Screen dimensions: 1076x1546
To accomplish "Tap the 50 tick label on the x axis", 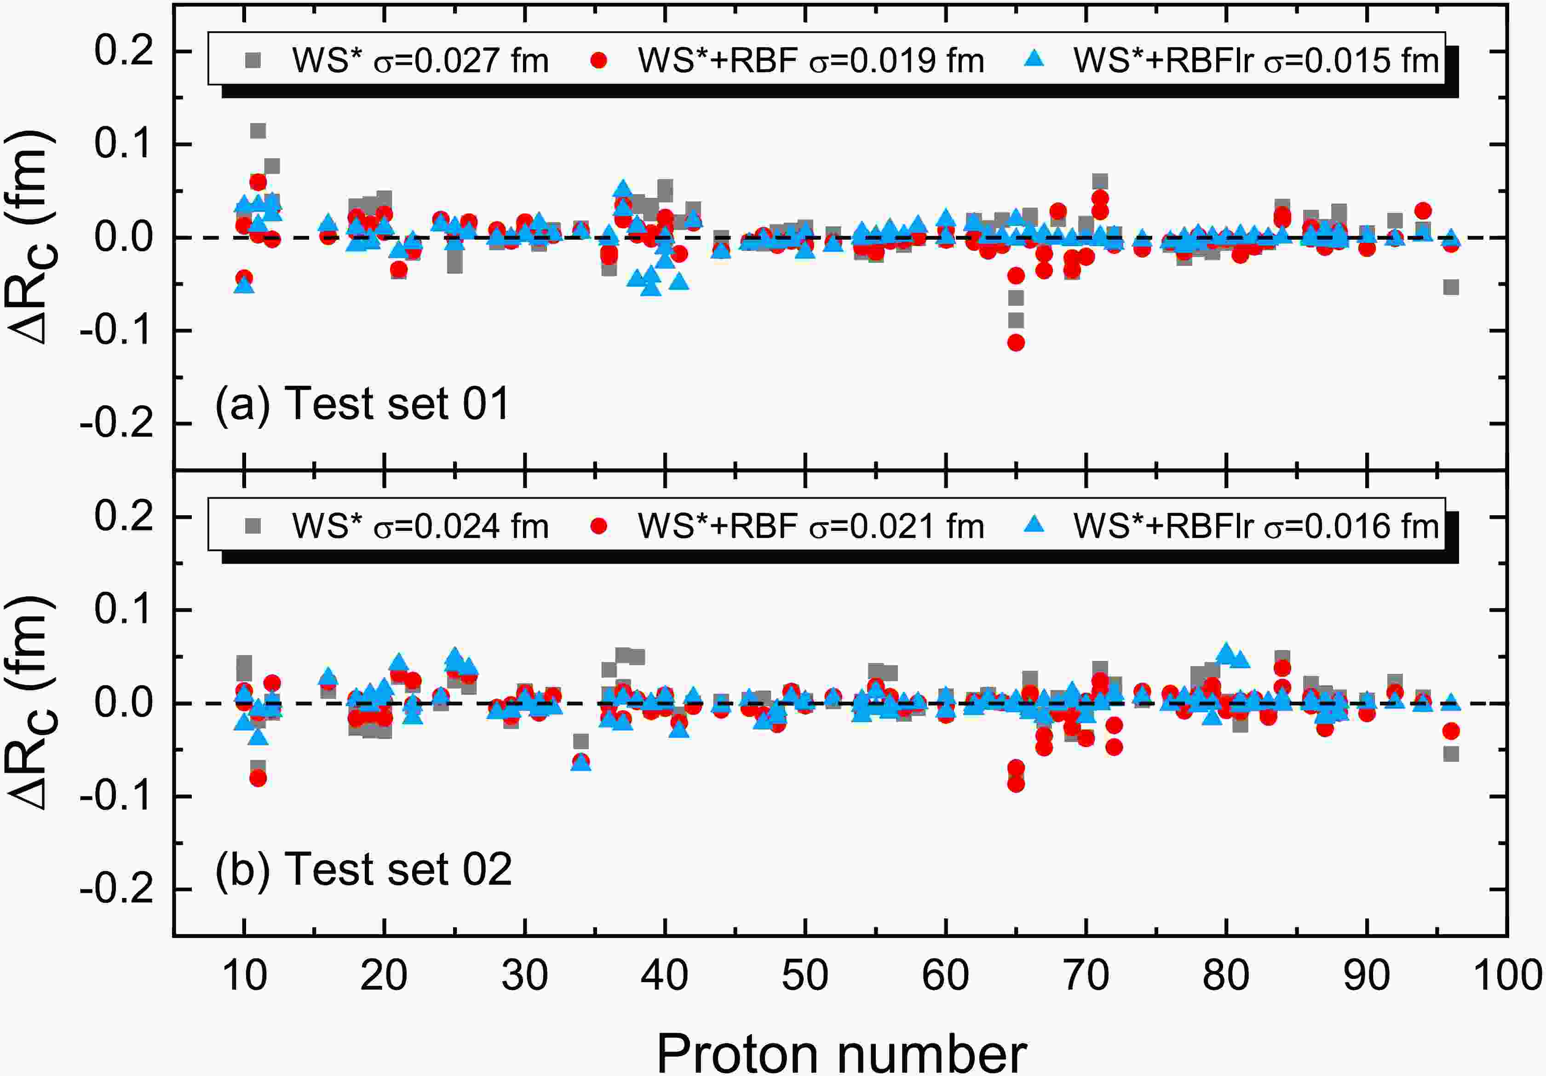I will pos(805,975).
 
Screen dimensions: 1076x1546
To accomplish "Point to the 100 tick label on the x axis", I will pos(1507,975).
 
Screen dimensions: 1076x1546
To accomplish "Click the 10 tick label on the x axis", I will pos(244,975).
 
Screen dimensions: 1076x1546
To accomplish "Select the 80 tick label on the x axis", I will pos(1226,975).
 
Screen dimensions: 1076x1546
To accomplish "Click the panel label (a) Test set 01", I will pos(362,404).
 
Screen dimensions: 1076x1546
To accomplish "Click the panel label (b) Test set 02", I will pos(363,869).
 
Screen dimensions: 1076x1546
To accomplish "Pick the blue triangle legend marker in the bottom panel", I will pos(1034,525).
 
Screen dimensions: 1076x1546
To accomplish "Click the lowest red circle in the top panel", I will pos(1016,343).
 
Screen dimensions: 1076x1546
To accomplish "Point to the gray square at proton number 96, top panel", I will pos(1451,288).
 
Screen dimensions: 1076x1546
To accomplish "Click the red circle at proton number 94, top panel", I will pos(1423,211).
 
